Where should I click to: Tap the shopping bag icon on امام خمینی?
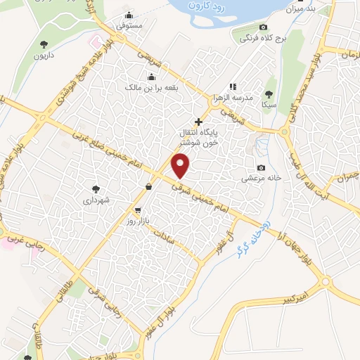coord(149,187)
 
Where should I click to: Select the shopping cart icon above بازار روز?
coord(138,210)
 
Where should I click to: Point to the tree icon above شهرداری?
coord(96,188)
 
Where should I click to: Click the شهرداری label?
coord(96,200)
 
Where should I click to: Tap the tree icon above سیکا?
coord(269,93)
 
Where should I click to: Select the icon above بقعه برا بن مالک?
coord(150,77)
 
